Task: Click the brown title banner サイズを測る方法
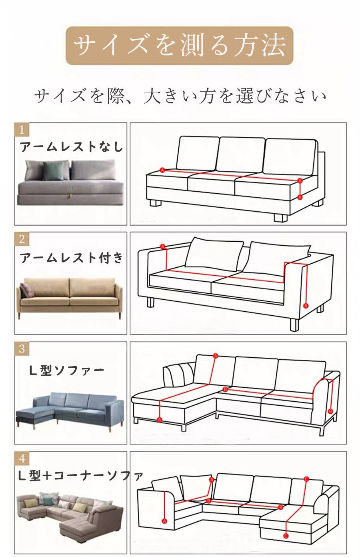point(180,46)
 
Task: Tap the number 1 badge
point(22,129)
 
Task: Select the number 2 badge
point(22,239)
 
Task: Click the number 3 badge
point(22,349)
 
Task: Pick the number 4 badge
point(22,458)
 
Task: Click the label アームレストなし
point(71,147)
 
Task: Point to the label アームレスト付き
point(71,258)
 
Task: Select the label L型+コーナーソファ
point(80,476)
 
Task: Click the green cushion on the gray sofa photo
point(52,171)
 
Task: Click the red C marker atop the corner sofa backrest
point(306,479)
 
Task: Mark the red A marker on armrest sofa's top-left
point(163,246)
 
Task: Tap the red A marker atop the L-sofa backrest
point(215,356)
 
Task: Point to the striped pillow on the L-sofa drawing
point(179,375)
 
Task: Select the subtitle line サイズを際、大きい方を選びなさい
point(180,96)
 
